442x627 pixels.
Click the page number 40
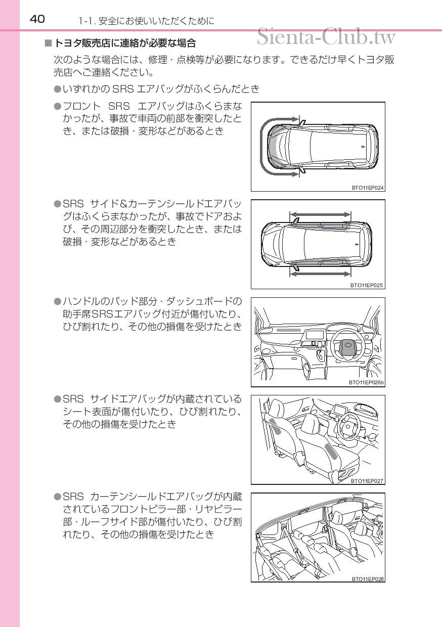click(37, 19)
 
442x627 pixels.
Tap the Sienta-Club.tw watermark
click(326, 36)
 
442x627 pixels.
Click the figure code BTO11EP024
click(368, 188)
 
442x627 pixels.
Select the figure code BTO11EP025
click(367, 285)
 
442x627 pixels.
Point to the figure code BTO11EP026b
click(367, 382)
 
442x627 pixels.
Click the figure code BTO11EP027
click(367, 481)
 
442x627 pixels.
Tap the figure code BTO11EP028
click(368, 578)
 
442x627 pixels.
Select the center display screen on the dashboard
click(315, 335)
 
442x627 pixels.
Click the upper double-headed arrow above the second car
click(320, 214)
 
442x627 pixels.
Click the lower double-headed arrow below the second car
click(320, 274)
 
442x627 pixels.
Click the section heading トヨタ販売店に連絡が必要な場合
click(125, 43)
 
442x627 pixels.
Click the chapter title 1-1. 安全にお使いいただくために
click(146, 21)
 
